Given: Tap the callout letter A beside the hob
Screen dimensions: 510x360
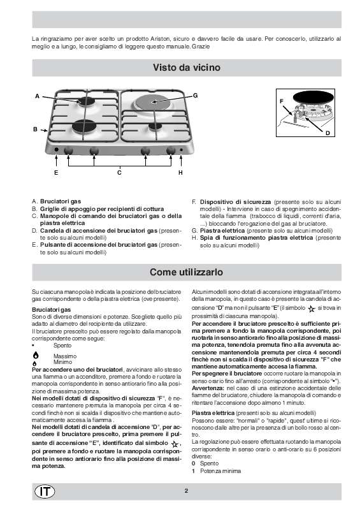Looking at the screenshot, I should tap(38, 96).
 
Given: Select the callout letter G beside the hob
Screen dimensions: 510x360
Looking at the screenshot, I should tap(196, 95).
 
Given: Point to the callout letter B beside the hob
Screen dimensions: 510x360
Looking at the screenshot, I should tap(35, 129).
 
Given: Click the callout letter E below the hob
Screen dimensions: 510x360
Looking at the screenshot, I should tap(55, 173).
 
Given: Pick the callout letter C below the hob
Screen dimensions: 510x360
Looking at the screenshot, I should tap(119, 173).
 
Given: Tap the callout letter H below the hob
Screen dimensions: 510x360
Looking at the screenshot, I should tap(181, 173).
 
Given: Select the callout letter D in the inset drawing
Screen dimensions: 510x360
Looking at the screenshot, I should tap(327, 133).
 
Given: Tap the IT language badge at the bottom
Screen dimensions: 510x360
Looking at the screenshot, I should tap(46, 490).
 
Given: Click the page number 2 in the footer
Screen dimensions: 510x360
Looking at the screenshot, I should tap(186, 490).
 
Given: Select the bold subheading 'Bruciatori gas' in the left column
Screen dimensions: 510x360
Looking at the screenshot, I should tap(48, 309).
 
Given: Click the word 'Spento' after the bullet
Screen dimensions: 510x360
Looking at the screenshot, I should tap(62, 344).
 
